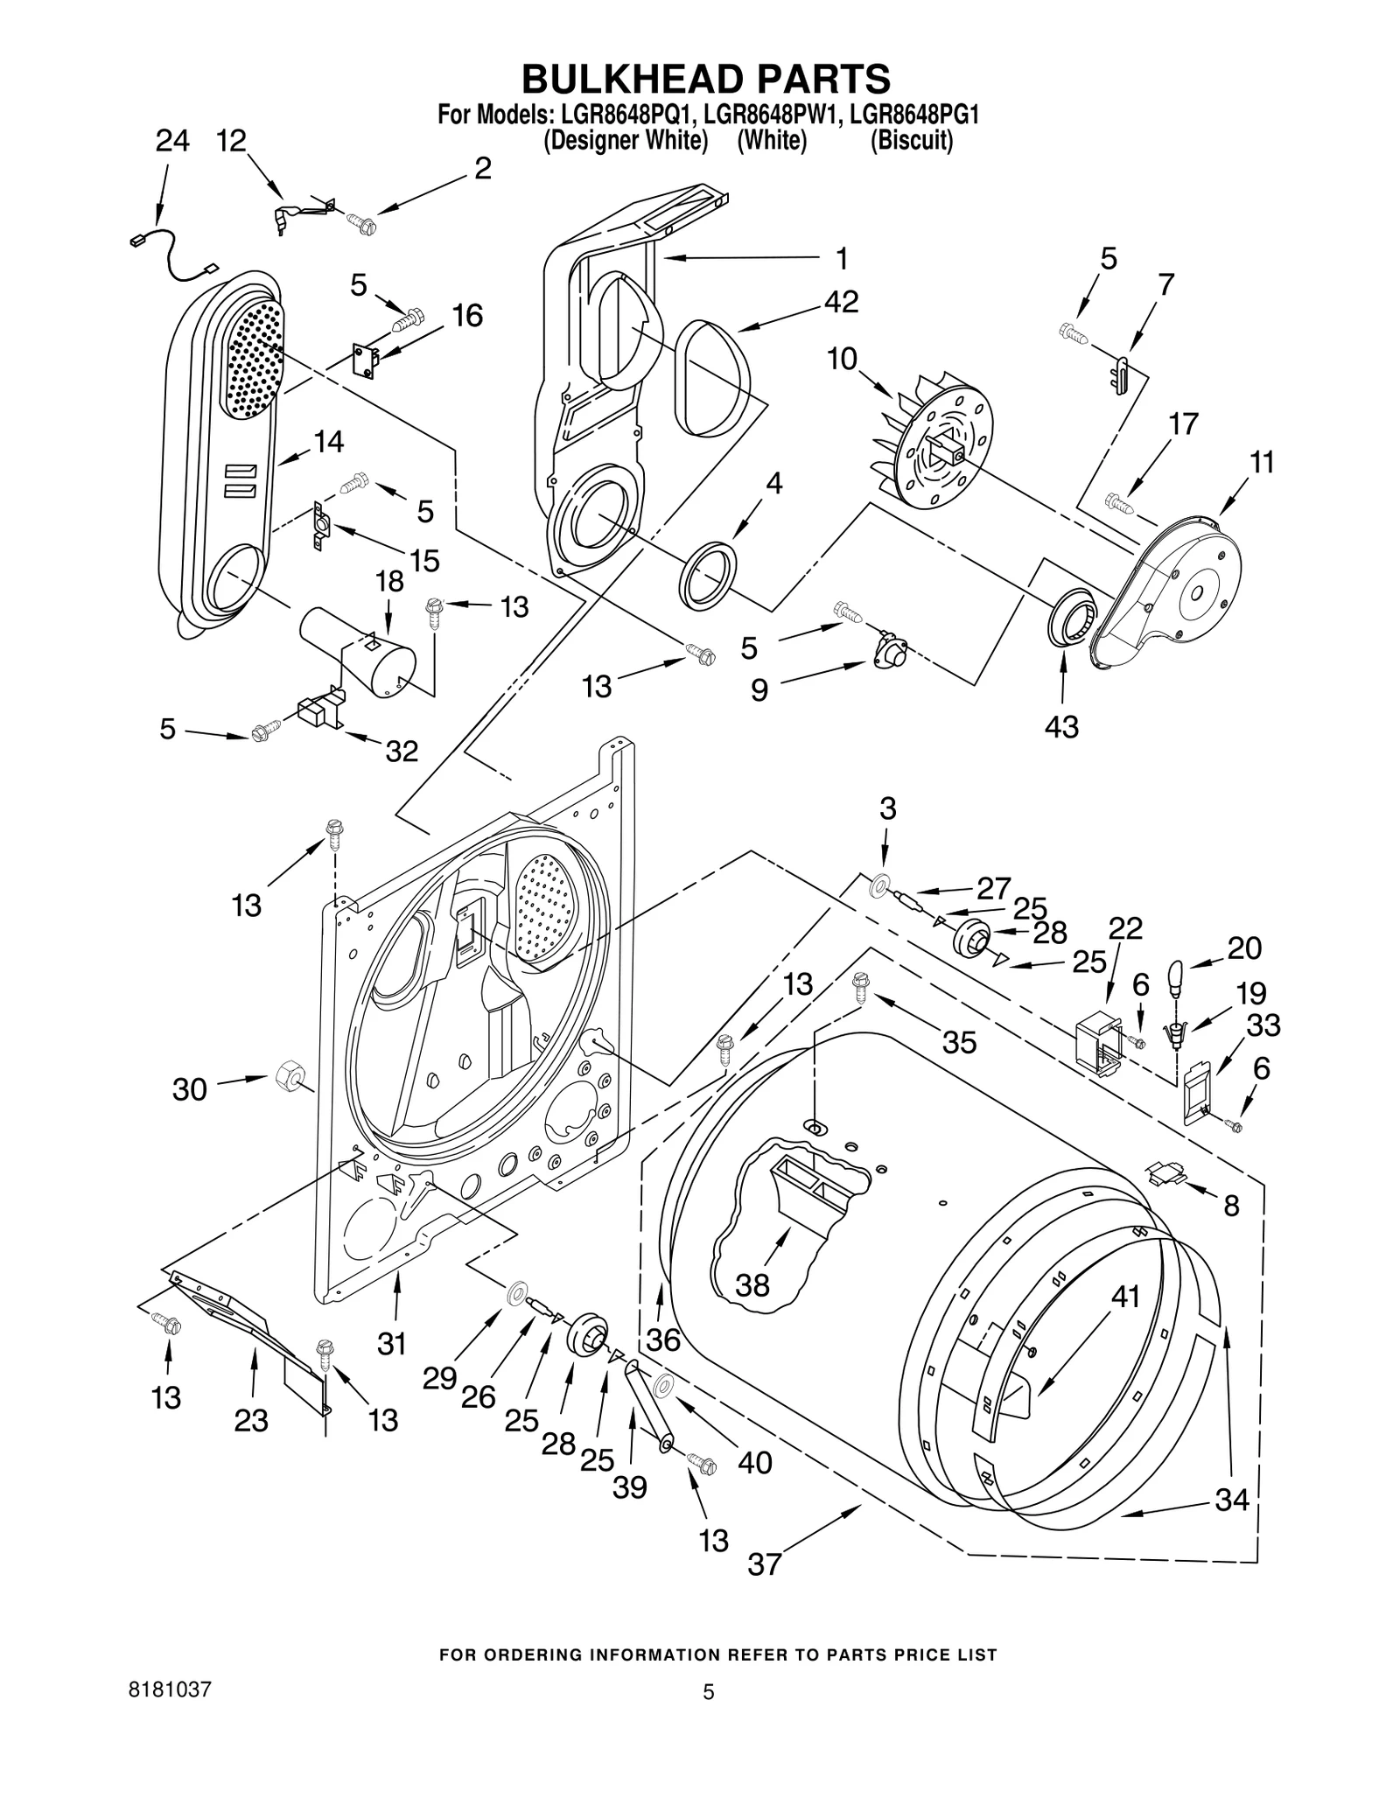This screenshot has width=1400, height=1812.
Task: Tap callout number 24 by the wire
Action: click(x=172, y=141)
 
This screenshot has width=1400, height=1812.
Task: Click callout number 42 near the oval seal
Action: click(x=840, y=302)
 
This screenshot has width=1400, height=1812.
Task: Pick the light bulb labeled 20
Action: click(x=1175, y=974)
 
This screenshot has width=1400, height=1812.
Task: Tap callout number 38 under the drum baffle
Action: click(x=752, y=1285)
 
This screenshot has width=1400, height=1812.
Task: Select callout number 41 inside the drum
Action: click(x=1125, y=1296)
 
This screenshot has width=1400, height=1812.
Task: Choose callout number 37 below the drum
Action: click(x=764, y=1564)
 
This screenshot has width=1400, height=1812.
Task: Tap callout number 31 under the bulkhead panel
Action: click(x=392, y=1343)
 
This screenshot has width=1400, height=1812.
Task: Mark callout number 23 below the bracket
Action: click(x=251, y=1421)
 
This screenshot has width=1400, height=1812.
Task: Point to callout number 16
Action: click(x=467, y=316)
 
